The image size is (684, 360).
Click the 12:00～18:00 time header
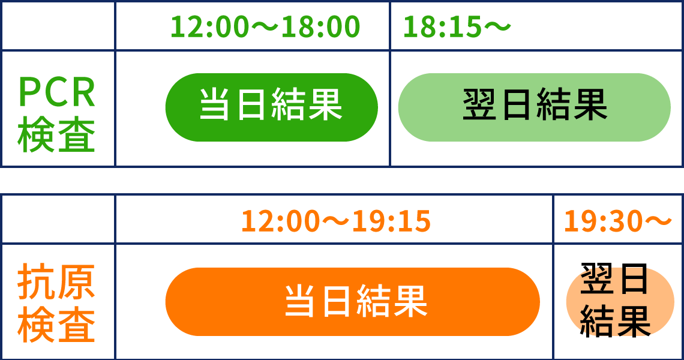[x=265, y=26]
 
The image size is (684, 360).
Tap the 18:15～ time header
[x=456, y=26]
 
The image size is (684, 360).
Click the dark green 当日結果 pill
[x=271, y=107]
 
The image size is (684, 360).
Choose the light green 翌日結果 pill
[x=535, y=107]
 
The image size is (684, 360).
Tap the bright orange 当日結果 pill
[x=352, y=302]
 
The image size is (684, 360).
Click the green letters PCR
[x=57, y=92]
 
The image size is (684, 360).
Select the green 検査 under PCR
[x=57, y=134]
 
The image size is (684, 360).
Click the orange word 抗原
[x=57, y=281]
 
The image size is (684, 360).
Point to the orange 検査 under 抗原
[x=57, y=325]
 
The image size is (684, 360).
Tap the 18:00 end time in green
[x=320, y=26]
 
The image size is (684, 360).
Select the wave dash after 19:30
[x=658, y=220]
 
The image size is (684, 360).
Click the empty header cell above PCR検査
[x=58, y=26]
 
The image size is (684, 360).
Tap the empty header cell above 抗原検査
[x=58, y=219]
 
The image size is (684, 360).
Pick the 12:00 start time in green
[x=209, y=26]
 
